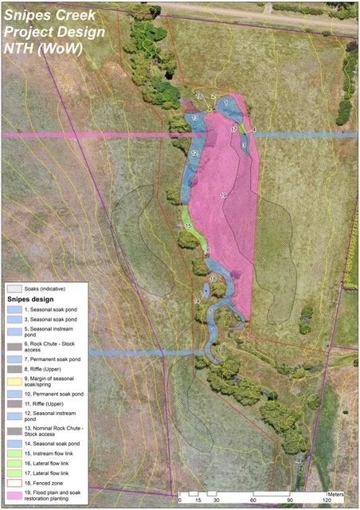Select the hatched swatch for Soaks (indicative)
point(14,288)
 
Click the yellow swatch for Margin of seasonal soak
point(14,382)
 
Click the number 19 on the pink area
point(223,194)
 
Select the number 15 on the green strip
point(188,226)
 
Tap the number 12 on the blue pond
point(194,153)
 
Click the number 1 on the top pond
point(227,102)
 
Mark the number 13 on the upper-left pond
point(194,118)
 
